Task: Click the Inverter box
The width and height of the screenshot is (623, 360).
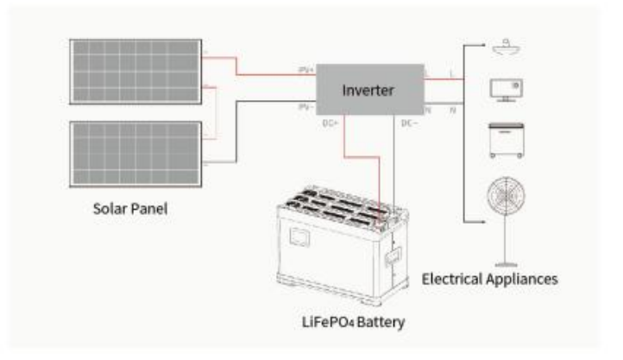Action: (x=369, y=89)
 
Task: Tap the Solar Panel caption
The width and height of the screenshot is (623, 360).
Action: (x=134, y=210)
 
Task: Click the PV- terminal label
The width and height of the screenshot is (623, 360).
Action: (x=305, y=108)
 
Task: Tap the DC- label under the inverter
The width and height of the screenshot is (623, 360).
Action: (x=409, y=123)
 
